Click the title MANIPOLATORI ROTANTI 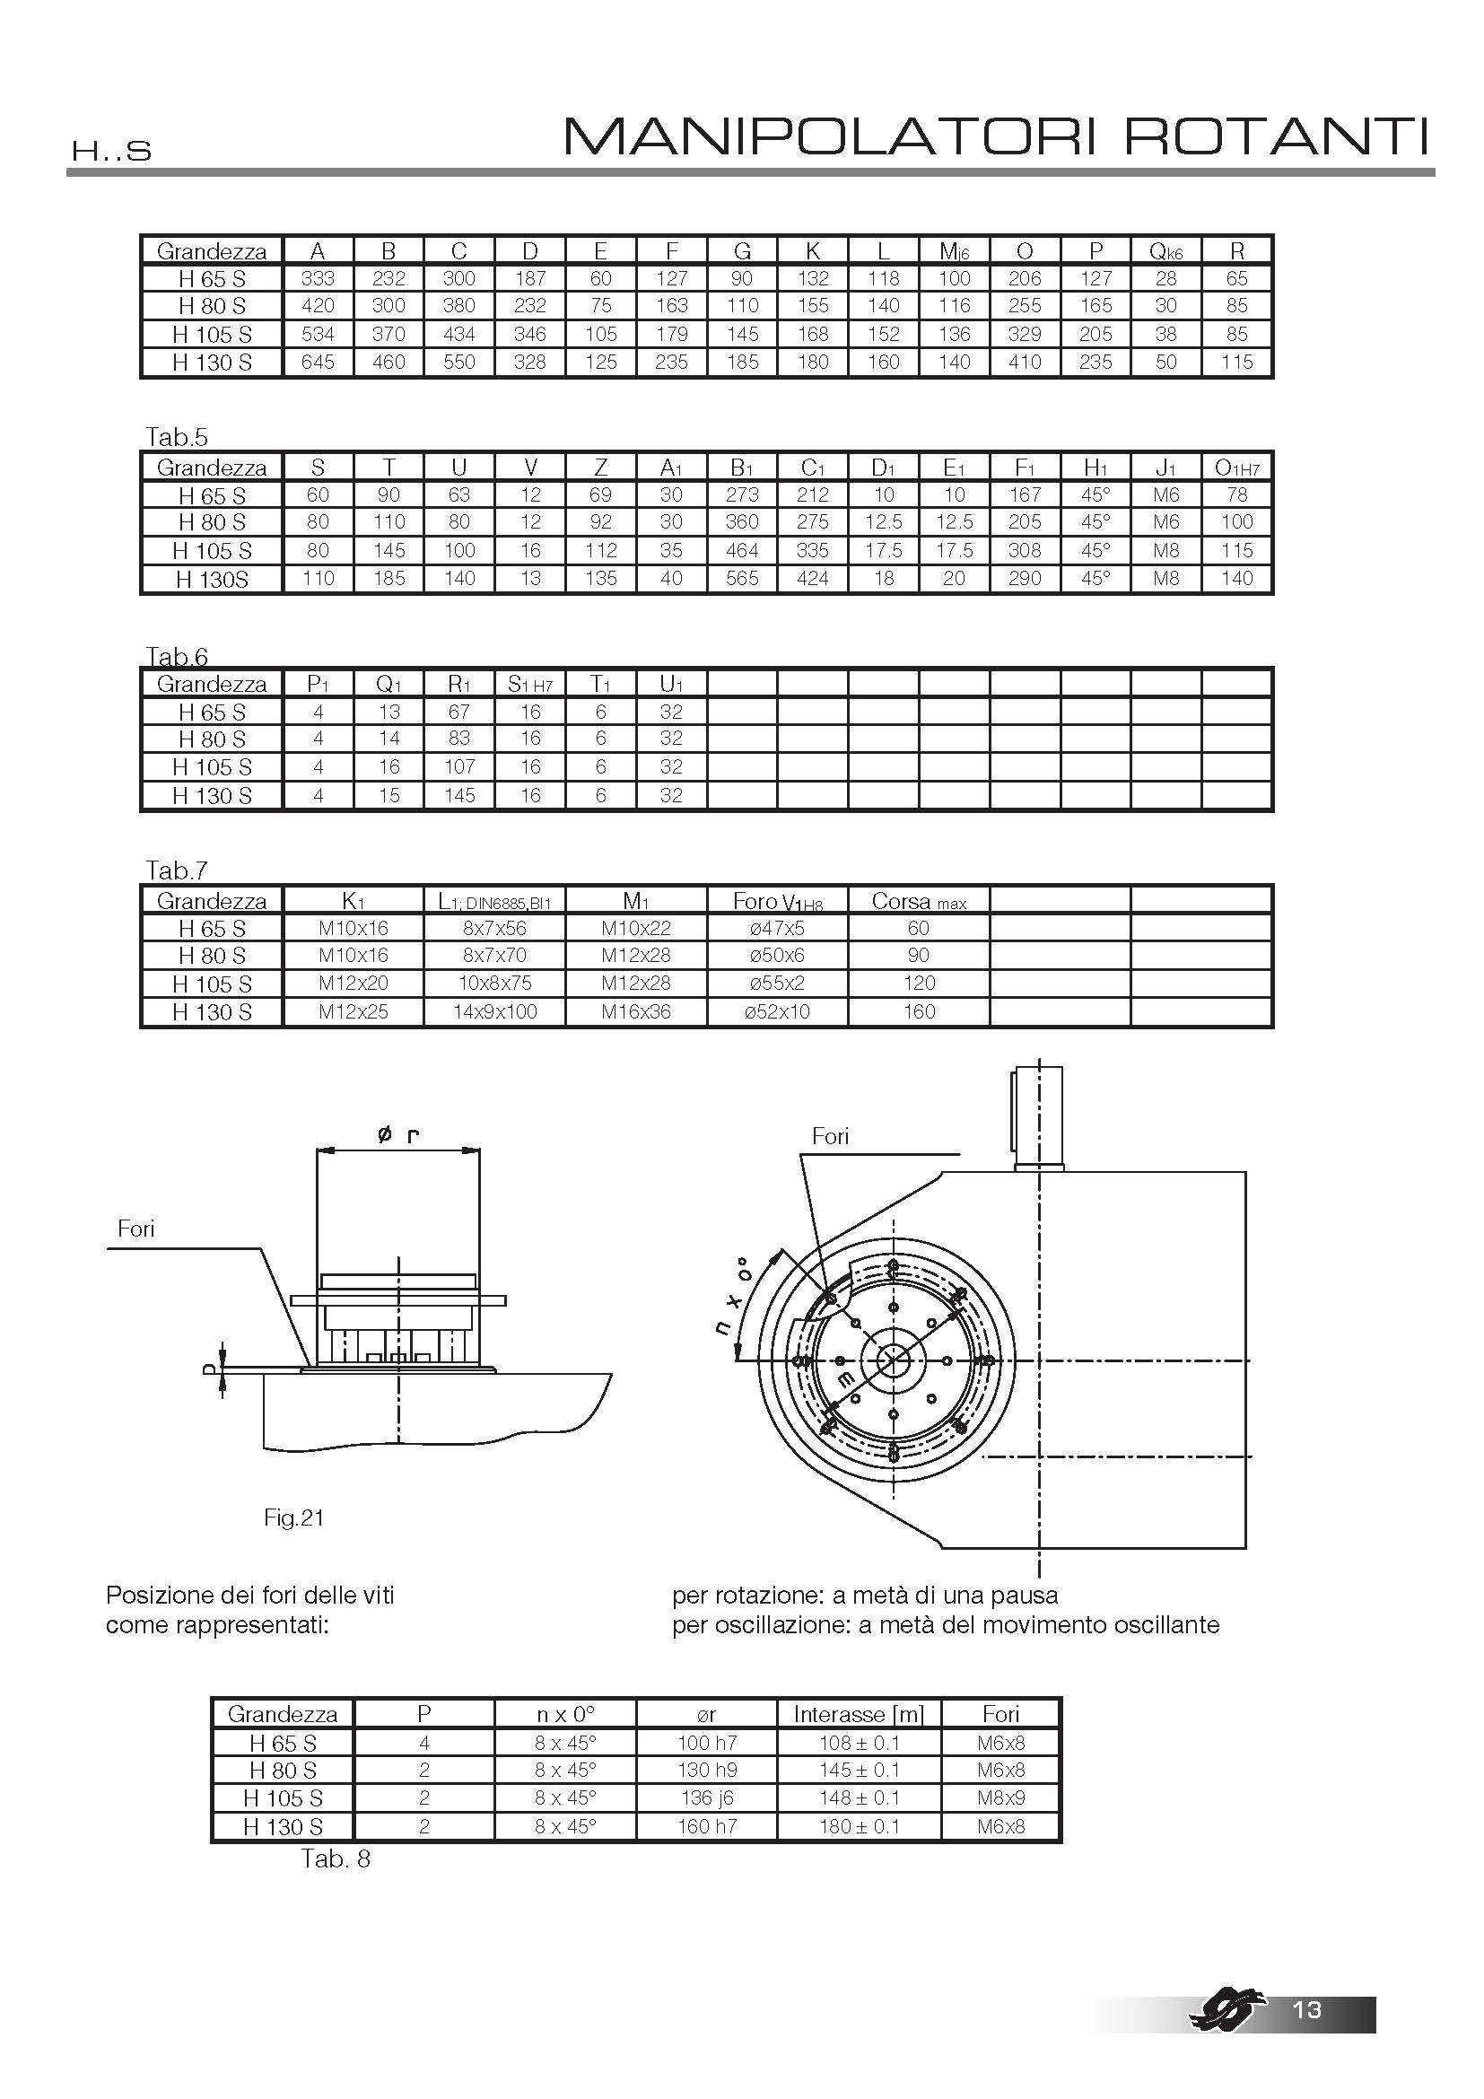[996, 137]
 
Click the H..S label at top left [110, 152]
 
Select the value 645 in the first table [318, 362]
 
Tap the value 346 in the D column [530, 334]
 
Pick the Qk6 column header [1166, 251]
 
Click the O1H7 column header [1236, 468]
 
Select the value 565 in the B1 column [742, 579]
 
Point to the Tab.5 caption [178, 437]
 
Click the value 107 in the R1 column [459, 767]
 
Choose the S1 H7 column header [530, 685]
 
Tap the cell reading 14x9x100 [495, 1012]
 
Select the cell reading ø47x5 [778, 929]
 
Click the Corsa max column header [919, 902]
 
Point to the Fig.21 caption [294, 1517]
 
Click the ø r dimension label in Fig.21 [397, 1136]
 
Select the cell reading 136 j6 [706, 1798]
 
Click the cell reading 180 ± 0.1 [859, 1826]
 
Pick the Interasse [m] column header [859, 1714]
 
